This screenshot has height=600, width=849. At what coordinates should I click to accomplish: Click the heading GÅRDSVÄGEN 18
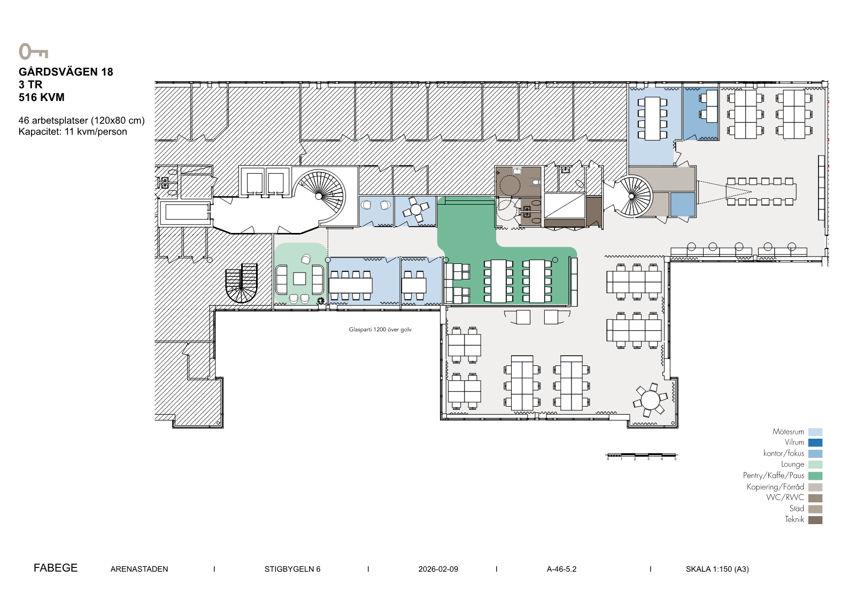tap(66, 72)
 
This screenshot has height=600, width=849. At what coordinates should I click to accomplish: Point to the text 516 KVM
tap(42, 97)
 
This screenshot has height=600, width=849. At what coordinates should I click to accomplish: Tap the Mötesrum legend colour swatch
tap(815, 432)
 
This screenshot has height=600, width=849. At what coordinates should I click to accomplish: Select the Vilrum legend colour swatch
tap(815, 442)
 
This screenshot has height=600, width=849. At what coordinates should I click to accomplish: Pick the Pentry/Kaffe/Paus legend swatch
tap(815, 476)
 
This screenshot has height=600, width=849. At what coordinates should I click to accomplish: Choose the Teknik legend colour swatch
tap(815, 520)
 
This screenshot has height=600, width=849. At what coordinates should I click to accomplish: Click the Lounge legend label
tap(792, 464)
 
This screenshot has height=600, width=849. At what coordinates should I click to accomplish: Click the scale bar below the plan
tap(642, 455)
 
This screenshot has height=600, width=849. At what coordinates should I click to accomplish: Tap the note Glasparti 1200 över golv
tap(380, 330)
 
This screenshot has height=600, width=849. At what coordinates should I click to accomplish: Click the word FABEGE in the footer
tap(56, 568)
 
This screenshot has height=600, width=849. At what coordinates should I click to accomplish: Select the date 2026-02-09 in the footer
tap(438, 569)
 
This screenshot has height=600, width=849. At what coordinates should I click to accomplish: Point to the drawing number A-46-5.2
tap(561, 569)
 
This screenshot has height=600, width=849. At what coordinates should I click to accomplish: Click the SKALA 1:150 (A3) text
tap(717, 569)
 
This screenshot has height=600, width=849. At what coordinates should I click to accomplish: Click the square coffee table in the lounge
tap(299, 279)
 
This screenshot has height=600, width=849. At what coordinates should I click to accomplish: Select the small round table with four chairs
tap(416, 209)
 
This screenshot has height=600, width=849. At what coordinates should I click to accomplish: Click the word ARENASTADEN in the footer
tap(139, 569)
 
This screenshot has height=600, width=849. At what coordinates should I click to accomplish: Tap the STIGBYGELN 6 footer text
tap(292, 569)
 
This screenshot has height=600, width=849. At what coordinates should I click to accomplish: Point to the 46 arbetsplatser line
tap(81, 120)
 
